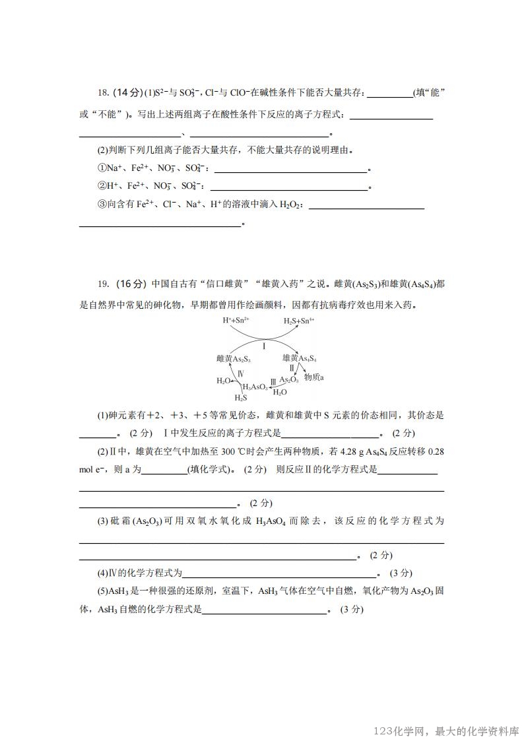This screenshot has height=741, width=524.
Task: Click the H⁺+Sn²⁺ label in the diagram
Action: tap(236, 320)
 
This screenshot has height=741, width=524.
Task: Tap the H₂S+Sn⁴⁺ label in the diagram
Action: tap(299, 320)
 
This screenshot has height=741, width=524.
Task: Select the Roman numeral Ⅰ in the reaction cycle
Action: tap(264, 346)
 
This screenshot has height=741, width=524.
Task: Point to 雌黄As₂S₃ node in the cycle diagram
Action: tap(233, 358)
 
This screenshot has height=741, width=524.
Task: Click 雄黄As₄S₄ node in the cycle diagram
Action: tap(300, 358)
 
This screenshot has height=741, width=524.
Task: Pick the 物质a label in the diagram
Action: tap(313, 377)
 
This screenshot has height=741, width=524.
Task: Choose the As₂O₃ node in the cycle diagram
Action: tap(289, 379)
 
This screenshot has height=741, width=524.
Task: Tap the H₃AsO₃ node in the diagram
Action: tap(255, 387)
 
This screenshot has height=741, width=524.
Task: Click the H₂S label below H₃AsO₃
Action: tap(240, 398)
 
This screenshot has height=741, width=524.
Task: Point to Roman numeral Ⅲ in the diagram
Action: tap(273, 381)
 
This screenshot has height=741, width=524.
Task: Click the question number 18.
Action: tap(103, 92)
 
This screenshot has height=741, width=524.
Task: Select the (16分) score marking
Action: tap(131, 284)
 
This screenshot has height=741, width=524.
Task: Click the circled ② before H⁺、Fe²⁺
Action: tap(102, 186)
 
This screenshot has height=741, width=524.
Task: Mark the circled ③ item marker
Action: tap(102, 205)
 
